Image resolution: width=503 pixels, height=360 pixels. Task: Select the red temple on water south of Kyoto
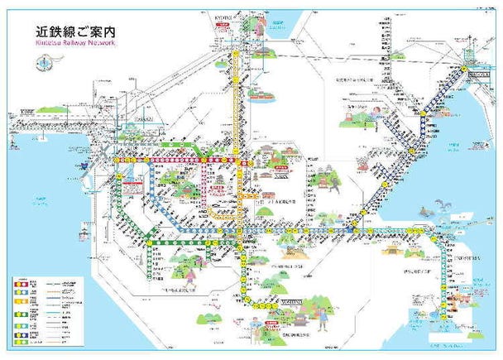[x=260, y=92]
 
